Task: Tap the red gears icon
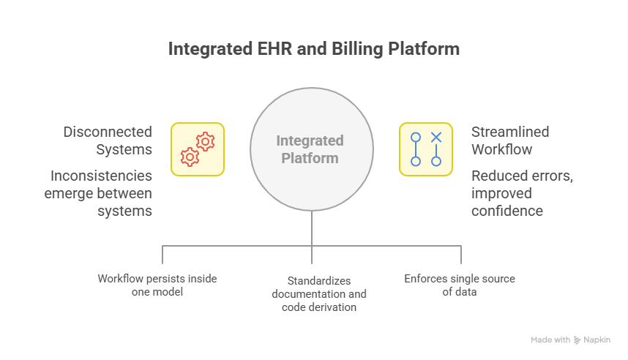(x=198, y=149)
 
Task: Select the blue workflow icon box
(x=425, y=149)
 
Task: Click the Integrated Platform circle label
(x=310, y=149)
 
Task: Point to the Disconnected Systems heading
(x=108, y=140)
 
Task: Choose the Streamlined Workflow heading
(x=510, y=140)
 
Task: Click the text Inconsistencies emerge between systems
(x=102, y=193)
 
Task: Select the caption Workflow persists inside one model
(x=157, y=285)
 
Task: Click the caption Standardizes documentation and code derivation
(x=318, y=293)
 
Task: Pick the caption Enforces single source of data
(x=460, y=285)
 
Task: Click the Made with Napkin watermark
(x=570, y=340)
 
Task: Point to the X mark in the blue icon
(x=436, y=137)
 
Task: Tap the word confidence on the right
(x=507, y=211)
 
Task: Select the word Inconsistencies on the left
(x=102, y=176)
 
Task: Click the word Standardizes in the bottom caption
(x=318, y=280)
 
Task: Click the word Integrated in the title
(x=206, y=50)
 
